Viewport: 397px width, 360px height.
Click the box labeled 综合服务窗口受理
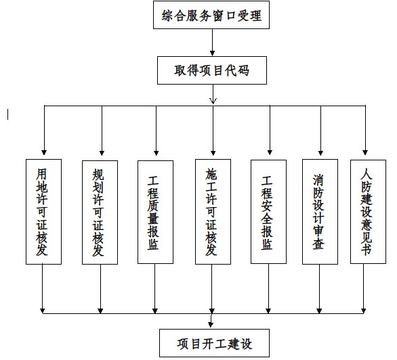coord(211,15)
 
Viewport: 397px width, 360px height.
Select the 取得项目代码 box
coord(212,70)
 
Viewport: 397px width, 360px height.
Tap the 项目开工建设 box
coord(214,343)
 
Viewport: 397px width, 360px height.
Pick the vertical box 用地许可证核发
coord(43,212)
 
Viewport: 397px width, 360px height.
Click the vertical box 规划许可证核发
coord(100,212)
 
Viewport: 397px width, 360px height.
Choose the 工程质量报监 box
coord(155,212)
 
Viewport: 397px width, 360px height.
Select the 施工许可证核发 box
coord(213,212)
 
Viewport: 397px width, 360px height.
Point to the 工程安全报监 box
coord(269,212)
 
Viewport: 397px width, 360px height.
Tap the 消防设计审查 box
coord(320,212)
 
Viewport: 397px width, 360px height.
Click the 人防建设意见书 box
coord(368,212)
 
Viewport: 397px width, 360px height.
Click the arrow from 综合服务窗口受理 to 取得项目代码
coord(213,43)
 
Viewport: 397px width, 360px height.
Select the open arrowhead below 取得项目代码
coord(213,101)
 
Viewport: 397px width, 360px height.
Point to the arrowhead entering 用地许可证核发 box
coord(44,152)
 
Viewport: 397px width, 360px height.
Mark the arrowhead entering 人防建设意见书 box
coord(365,152)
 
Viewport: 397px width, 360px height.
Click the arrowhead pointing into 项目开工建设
coord(211,324)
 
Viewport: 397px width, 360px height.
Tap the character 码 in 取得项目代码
coord(244,70)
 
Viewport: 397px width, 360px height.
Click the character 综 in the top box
coord(167,16)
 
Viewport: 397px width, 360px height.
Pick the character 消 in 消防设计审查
coord(318,180)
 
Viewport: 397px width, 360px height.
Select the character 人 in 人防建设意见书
coord(367,174)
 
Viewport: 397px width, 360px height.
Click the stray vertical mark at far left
coord(8,114)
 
